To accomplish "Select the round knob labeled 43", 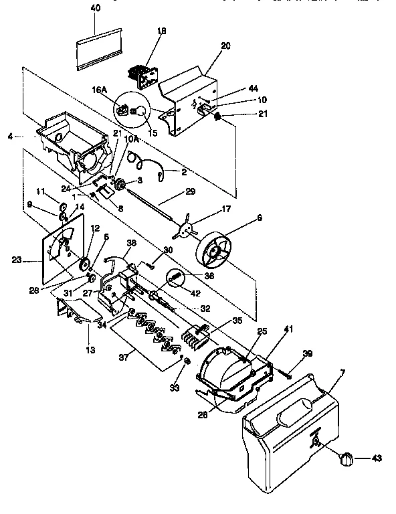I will click(346, 458).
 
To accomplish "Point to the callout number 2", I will click(185, 172).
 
